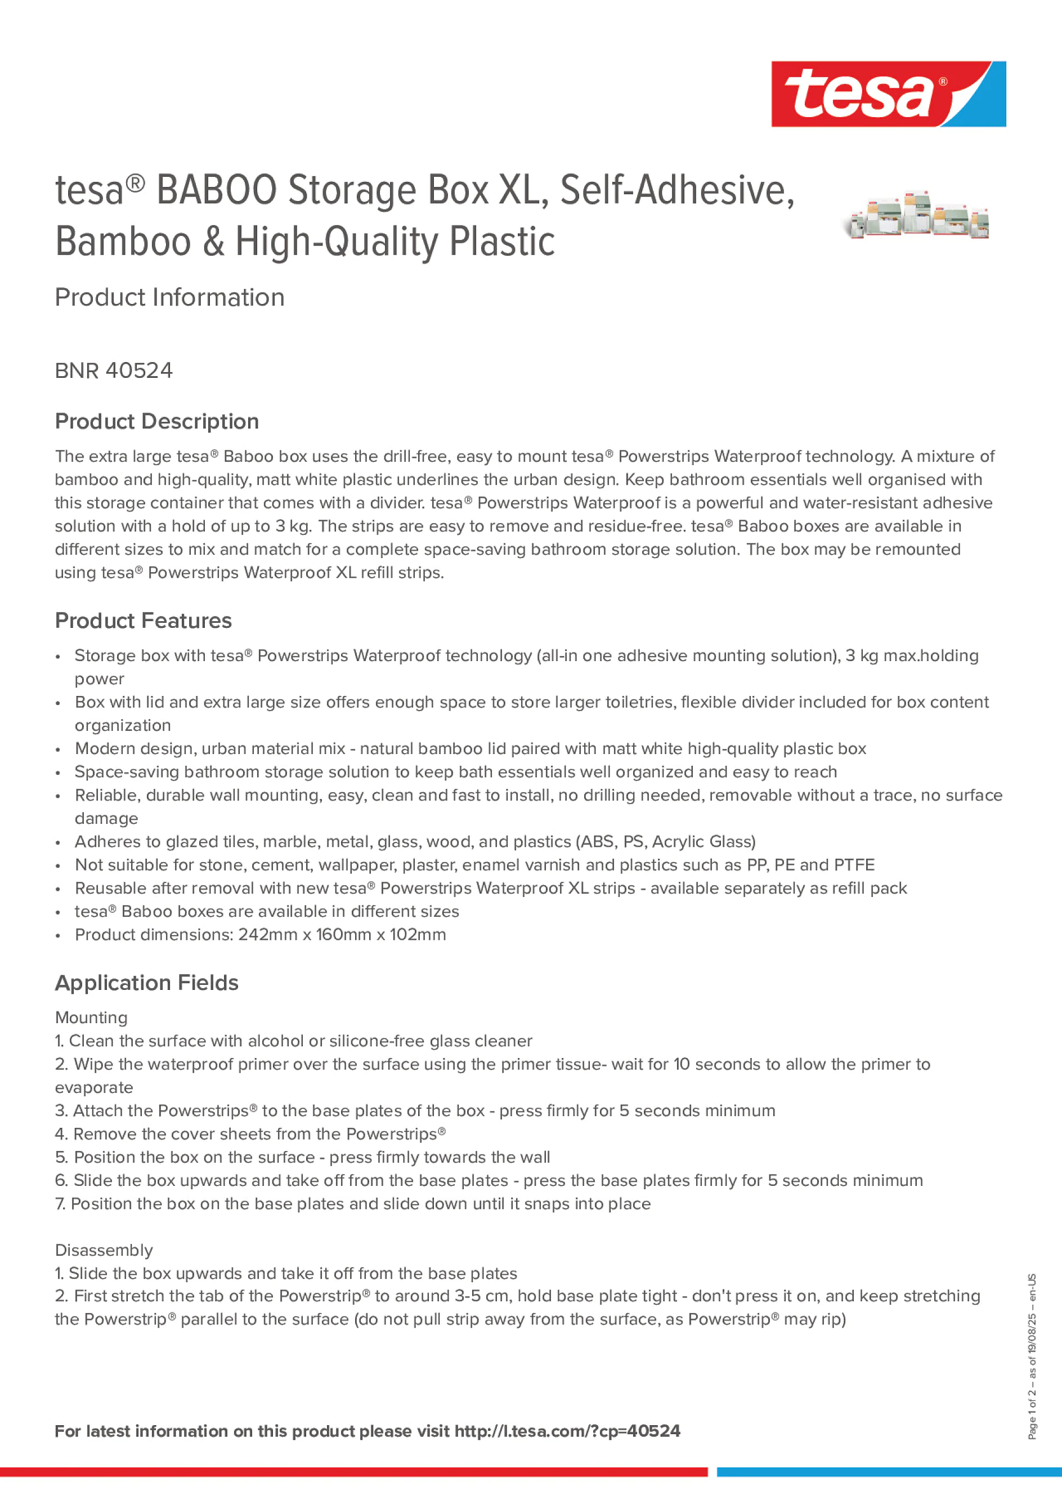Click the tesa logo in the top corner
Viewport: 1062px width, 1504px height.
pyautogui.click(x=888, y=95)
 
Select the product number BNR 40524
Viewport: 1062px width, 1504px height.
pyautogui.click(x=114, y=371)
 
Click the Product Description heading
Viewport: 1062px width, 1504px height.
pyautogui.click(x=157, y=421)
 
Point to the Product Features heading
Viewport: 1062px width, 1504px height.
pyautogui.click(x=144, y=621)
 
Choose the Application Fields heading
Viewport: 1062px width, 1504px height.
pyautogui.click(x=147, y=983)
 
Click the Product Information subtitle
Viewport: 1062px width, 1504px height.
pyautogui.click(x=169, y=297)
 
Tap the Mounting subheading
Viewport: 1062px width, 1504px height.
pyautogui.click(x=91, y=1017)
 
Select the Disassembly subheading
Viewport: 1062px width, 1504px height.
pyautogui.click(x=104, y=1250)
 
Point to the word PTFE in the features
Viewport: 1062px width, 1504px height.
pyautogui.click(x=854, y=865)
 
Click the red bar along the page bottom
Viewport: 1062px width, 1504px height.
pyautogui.click(x=353, y=1472)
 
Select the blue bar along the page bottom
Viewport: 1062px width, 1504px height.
pyautogui.click(x=889, y=1472)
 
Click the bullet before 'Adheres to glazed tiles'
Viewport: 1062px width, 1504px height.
pyautogui.click(x=59, y=842)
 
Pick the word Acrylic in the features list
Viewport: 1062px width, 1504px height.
pyautogui.click(x=676, y=842)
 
